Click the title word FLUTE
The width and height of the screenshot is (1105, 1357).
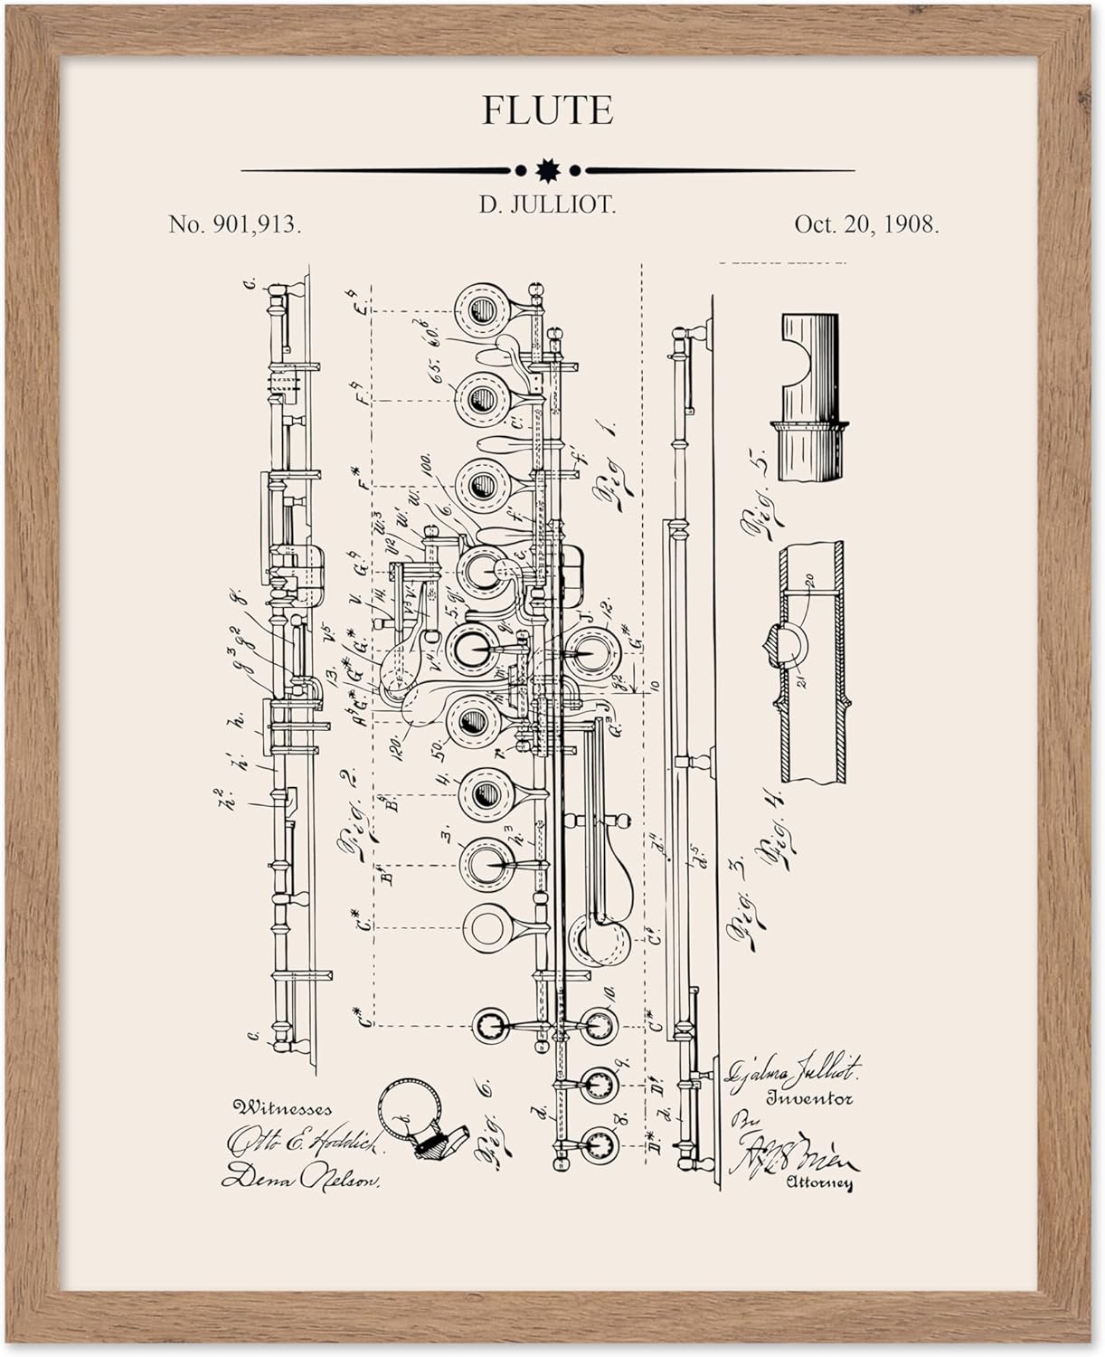(x=547, y=110)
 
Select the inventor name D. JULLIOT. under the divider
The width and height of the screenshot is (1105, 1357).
(x=547, y=205)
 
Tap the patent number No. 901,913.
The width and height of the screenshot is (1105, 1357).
(x=235, y=225)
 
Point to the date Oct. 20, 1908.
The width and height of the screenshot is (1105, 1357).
(x=866, y=225)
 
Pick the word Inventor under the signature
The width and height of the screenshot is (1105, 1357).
(x=810, y=1100)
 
